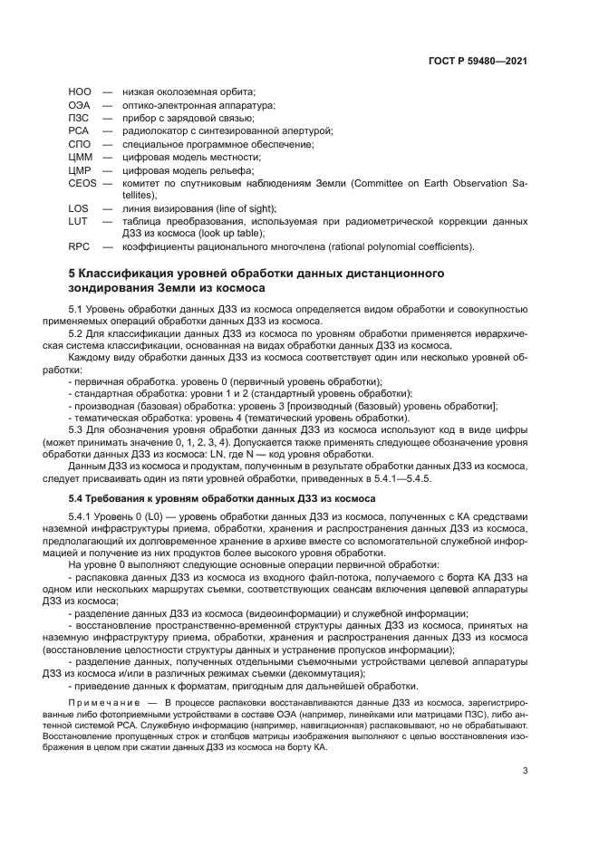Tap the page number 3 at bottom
pyautogui.click(x=525, y=772)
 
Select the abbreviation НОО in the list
pyautogui.click(x=80, y=91)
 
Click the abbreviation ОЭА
pyautogui.click(x=80, y=105)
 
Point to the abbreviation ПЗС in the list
pyautogui.click(x=79, y=118)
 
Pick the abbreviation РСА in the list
pyautogui.click(x=79, y=130)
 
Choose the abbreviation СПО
pyautogui.click(x=80, y=144)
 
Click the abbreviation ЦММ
pyautogui.click(x=81, y=157)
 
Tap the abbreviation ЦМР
pyautogui.click(x=81, y=170)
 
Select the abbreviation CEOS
pyautogui.click(x=82, y=183)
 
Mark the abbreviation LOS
pyautogui.click(x=78, y=208)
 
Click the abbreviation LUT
pyautogui.click(x=78, y=221)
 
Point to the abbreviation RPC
pyautogui.click(x=79, y=246)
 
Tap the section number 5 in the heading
pyautogui.click(x=72, y=273)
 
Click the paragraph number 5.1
pyautogui.click(x=80, y=311)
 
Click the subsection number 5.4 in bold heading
pyautogui.click(x=79, y=498)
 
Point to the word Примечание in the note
pyautogui.click(x=102, y=703)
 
